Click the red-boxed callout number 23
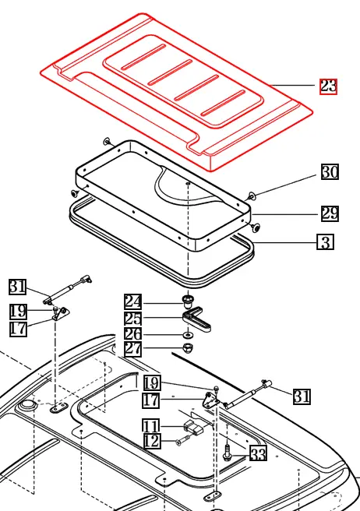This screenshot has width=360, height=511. point(328,86)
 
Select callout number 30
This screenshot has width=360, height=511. point(330,172)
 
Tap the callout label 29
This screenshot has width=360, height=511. point(330,213)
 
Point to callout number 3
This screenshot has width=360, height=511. point(325,242)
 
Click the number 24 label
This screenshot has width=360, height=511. point(133,301)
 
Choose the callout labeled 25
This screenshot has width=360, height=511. point(133,318)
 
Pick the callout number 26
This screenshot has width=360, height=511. point(133,333)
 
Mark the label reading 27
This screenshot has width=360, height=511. point(133,349)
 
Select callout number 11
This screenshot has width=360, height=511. point(150,426)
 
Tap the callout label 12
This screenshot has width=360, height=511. point(150,442)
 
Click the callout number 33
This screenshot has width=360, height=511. point(258,454)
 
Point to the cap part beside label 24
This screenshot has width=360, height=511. point(187,300)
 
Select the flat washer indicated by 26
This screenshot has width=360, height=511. point(188,334)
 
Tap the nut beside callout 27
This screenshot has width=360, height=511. point(188,347)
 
